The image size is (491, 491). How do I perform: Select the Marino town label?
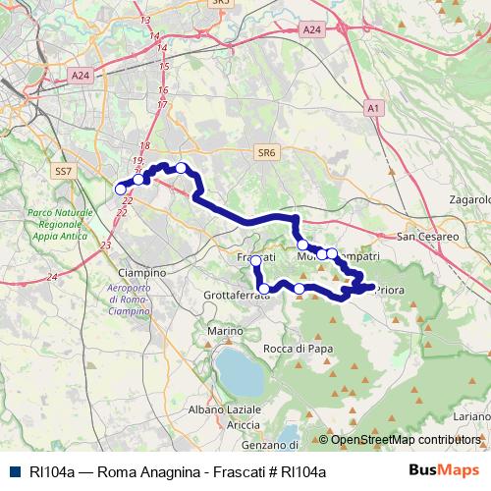click(x=224, y=331)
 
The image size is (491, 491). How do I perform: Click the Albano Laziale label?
click(x=223, y=408)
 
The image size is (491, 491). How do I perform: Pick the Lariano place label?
click(x=472, y=416)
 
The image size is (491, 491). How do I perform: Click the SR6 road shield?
click(x=265, y=152)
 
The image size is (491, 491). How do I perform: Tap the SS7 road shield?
click(x=64, y=171)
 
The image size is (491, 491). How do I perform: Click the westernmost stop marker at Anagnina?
click(x=121, y=189)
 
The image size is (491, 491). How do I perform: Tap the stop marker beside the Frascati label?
click(x=256, y=260)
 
